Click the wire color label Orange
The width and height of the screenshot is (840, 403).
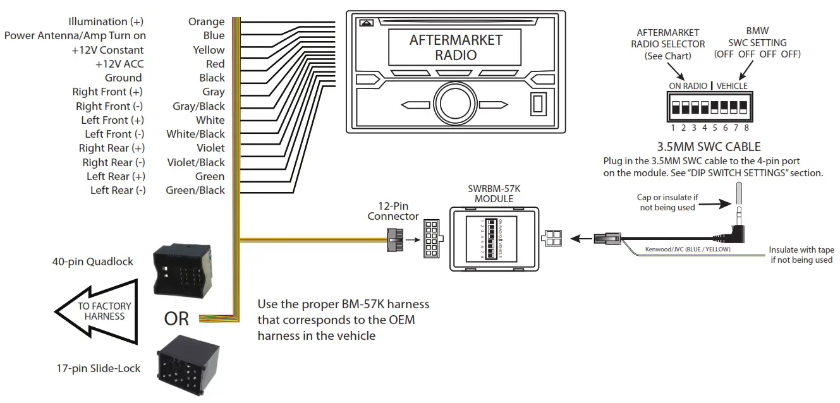[x=206, y=22]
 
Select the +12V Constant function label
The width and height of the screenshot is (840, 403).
[x=107, y=50]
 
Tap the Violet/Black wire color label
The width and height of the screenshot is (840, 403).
[x=195, y=162]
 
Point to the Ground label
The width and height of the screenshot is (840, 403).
[x=123, y=78]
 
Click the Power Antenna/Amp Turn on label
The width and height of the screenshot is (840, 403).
[x=75, y=36]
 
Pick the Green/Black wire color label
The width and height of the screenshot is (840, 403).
[x=195, y=190]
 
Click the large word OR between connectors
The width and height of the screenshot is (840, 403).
[x=176, y=319]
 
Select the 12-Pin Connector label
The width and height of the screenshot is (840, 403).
[x=393, y=211]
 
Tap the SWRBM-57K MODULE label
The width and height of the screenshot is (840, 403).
[x=494, y=194]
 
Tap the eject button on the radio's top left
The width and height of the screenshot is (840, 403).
[x=366, y=23]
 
